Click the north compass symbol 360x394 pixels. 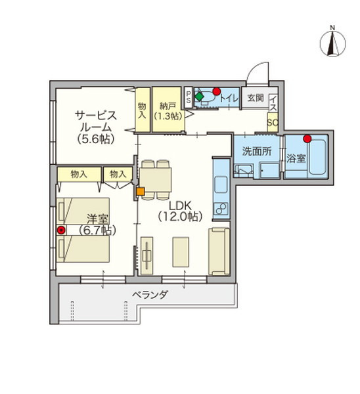click(332, 43)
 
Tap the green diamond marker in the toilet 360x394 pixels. click(199, 97)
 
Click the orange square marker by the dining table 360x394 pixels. click(141, 192)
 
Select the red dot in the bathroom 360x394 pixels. click(307, 139)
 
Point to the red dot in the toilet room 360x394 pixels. click(216, 91)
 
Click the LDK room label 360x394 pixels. click(180, 211)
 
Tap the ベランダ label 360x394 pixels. click(150, 294)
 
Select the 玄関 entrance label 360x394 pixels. click(256, 98)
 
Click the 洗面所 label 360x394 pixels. click(257, 151)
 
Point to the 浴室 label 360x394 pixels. click(296, 158)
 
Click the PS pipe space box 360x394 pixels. click(189, 97)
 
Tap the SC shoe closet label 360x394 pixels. click(273, 123)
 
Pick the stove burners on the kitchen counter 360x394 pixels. click(221, 208)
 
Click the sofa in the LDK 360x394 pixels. click(219, 252)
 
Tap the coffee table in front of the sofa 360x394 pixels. click(181, 252)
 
